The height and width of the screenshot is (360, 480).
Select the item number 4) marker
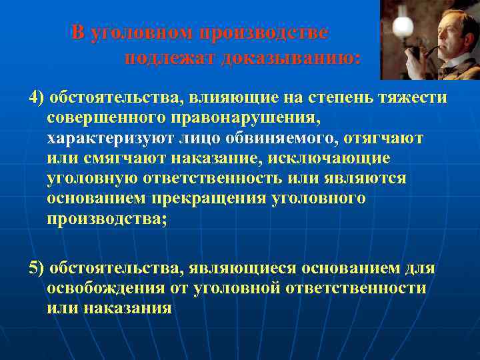click(x=36, y=98)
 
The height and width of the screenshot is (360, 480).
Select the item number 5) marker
click(x=36, y=268)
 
